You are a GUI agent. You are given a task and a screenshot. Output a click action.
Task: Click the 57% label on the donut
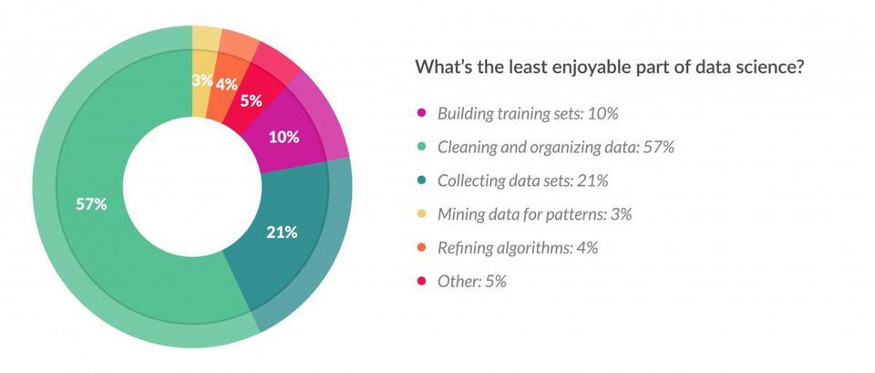tap(91, 204)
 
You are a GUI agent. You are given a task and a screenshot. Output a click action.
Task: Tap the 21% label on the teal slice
tap(282, 232)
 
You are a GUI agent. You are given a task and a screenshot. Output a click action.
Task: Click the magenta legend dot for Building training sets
tap(421, 114)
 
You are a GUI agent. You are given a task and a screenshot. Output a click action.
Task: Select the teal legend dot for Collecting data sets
tap(421, 181)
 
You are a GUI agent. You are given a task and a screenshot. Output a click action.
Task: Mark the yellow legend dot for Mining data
tap(421, 214)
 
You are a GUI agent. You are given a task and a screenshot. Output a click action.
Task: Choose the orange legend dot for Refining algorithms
tap(421, 248)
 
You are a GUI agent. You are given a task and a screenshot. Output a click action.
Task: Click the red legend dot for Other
tap(421, 282)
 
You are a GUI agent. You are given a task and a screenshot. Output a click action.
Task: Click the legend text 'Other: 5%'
tap(471, 282)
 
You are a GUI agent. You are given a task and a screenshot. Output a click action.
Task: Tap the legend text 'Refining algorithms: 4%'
tap(517, 248)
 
